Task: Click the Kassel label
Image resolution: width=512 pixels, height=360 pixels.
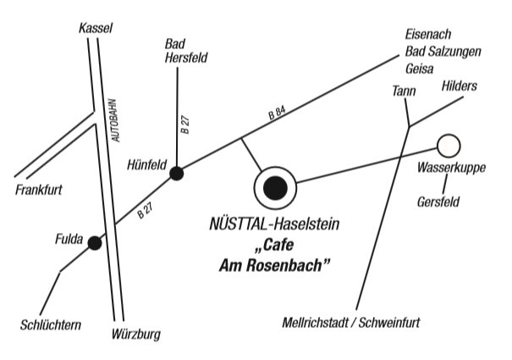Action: click(x=96, y=29)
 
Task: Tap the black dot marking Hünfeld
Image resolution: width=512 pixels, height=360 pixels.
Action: click(x=177, y=174)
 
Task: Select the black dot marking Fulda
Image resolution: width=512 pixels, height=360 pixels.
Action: click(x=95, y=243)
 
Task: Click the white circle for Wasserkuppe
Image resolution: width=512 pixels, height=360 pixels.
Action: click(x=449, y=146)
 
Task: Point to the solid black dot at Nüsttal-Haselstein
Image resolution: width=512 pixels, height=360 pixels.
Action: click(x=275, y=188)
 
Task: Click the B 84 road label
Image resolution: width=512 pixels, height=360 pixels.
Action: click(x=277, y=113)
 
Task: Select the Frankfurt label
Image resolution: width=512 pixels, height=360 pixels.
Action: click(x=39, y=190)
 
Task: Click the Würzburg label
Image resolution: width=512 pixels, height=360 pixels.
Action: click(x=136, y=335)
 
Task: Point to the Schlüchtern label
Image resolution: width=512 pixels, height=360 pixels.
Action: click(x=51, y=325)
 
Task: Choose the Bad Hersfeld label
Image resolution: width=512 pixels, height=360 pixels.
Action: click(x=186, y=51)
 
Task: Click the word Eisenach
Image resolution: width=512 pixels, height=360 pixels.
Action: click(x=428, y=35)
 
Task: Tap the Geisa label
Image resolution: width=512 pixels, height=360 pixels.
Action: click(x=419, y=69)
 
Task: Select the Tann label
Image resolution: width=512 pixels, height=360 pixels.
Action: click(x=404, y=91)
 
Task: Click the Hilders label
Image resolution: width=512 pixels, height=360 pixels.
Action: click(x=459, y=86)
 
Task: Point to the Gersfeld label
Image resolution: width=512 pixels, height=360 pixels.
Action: click(x=438, y=202)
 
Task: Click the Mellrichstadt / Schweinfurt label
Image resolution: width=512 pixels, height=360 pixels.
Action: click(x=351, y=323)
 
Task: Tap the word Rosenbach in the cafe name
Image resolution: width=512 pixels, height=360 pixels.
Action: click(x=284, y=265)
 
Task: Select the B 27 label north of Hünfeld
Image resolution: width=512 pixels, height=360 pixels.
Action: click(x=185, y=125)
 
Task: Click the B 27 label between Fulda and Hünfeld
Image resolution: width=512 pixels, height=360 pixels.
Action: click(x=145, y=211)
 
